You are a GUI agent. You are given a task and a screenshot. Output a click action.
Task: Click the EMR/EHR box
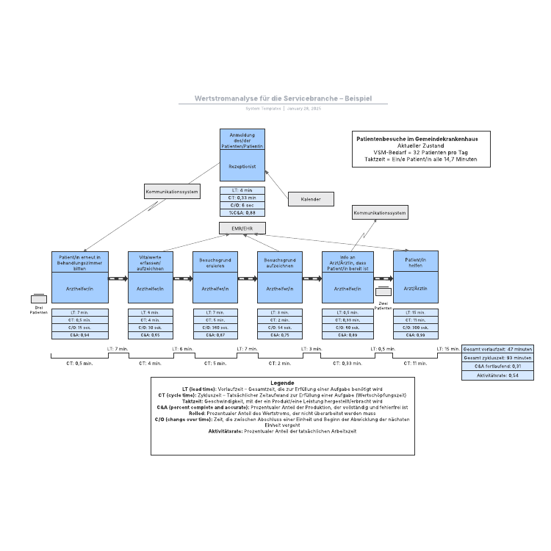(242, 228)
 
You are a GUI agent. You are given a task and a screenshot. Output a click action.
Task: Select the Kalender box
(311, 199)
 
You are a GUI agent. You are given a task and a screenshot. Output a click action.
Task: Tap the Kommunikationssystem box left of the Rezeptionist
(171, 192)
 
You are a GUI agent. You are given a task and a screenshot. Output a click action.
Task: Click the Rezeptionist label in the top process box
(242, 167)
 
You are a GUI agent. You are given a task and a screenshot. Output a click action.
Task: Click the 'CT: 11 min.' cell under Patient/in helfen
(416, 320)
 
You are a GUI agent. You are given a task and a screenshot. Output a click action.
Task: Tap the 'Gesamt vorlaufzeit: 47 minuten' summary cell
(497, 349)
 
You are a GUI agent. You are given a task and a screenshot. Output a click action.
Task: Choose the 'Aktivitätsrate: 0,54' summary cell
(497, 375)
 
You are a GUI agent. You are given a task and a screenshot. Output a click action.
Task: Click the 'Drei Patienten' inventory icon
(38, 299)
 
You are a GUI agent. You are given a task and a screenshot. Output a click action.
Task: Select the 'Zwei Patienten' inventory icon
(383, 292)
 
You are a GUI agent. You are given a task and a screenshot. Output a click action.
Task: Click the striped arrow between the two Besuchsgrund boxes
(247, 278)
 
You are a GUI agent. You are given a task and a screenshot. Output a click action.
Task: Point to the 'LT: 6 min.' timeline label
(182, 349)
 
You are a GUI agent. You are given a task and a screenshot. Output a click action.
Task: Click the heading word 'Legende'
(282, 383)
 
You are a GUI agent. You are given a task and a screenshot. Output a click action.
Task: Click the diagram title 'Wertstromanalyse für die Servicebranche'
(283, 98)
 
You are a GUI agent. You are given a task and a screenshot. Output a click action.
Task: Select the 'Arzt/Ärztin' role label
(416, 289)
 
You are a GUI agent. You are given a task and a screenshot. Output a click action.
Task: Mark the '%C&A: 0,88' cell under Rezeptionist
(242, 212)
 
